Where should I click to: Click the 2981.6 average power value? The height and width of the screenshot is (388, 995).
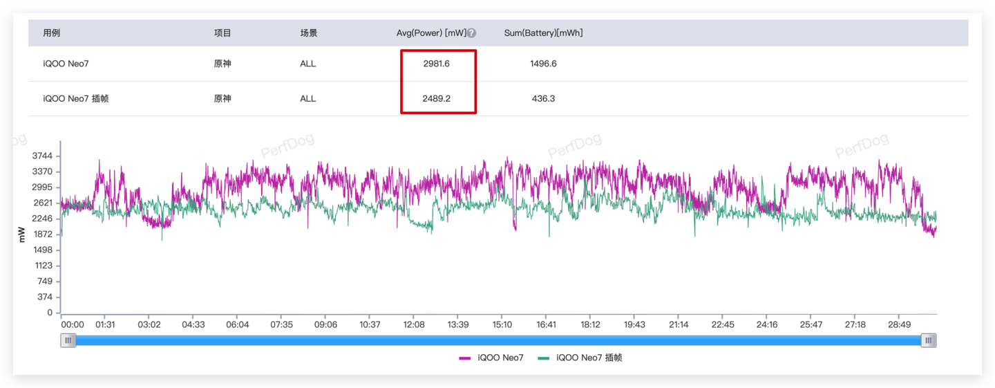pos(436,64)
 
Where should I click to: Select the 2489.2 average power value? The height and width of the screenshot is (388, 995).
pos(436,98)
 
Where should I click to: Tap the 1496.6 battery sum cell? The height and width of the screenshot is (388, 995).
pos(543,64)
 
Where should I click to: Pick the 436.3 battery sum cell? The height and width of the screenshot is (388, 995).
pos(543,98)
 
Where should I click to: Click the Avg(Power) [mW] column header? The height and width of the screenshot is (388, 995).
pos(431,33)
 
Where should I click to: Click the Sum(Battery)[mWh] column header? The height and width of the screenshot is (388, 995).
pos(543,33)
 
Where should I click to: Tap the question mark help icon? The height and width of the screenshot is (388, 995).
pos(471,33)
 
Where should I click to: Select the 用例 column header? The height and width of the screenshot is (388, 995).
pos(52,33)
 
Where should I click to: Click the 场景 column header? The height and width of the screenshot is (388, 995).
pos(308,33)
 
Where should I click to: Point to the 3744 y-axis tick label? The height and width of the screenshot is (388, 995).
pos(42,156)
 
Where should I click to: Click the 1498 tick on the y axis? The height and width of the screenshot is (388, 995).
pos(42,250)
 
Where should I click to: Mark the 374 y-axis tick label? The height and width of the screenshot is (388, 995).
pos(45,297)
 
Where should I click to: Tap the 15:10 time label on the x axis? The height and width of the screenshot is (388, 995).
pos(502,324)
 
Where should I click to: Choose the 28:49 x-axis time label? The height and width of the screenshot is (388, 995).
pos(899,324)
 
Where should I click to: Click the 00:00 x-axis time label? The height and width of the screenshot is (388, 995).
pos(73,324)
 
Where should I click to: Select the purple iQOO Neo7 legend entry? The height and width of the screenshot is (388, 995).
pos(492,358)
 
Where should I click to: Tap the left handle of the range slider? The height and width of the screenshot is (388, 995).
pos(68,340)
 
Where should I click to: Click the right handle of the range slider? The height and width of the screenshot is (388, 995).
pos(929,340)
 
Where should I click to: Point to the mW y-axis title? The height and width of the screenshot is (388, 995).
pos(21,234)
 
